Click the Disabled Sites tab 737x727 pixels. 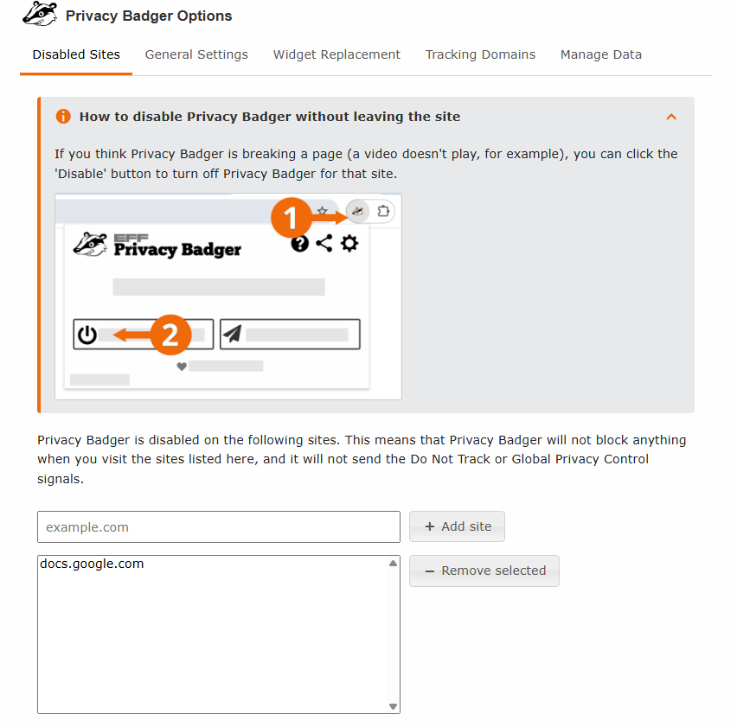(76, 54)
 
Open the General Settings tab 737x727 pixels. (196, 54)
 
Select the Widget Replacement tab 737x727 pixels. (336, 54)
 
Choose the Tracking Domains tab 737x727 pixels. (480, 54)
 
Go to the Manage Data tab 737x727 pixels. (600, 54)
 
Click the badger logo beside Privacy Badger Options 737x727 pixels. (40, 15)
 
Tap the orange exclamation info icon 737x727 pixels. (63, 117)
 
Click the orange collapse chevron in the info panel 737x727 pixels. (671, 117)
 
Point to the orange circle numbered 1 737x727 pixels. (291, 217)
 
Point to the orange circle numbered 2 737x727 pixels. (170, 335)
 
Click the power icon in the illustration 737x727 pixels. (87, 335)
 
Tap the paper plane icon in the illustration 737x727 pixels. (232, 334)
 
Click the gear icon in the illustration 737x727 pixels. (349, 244)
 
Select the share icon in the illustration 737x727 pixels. (324, 244)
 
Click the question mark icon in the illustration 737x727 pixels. (299, 244)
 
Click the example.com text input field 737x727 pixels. (218, 527)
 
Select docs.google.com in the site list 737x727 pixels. (92, 564)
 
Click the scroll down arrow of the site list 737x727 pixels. (393, 706)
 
